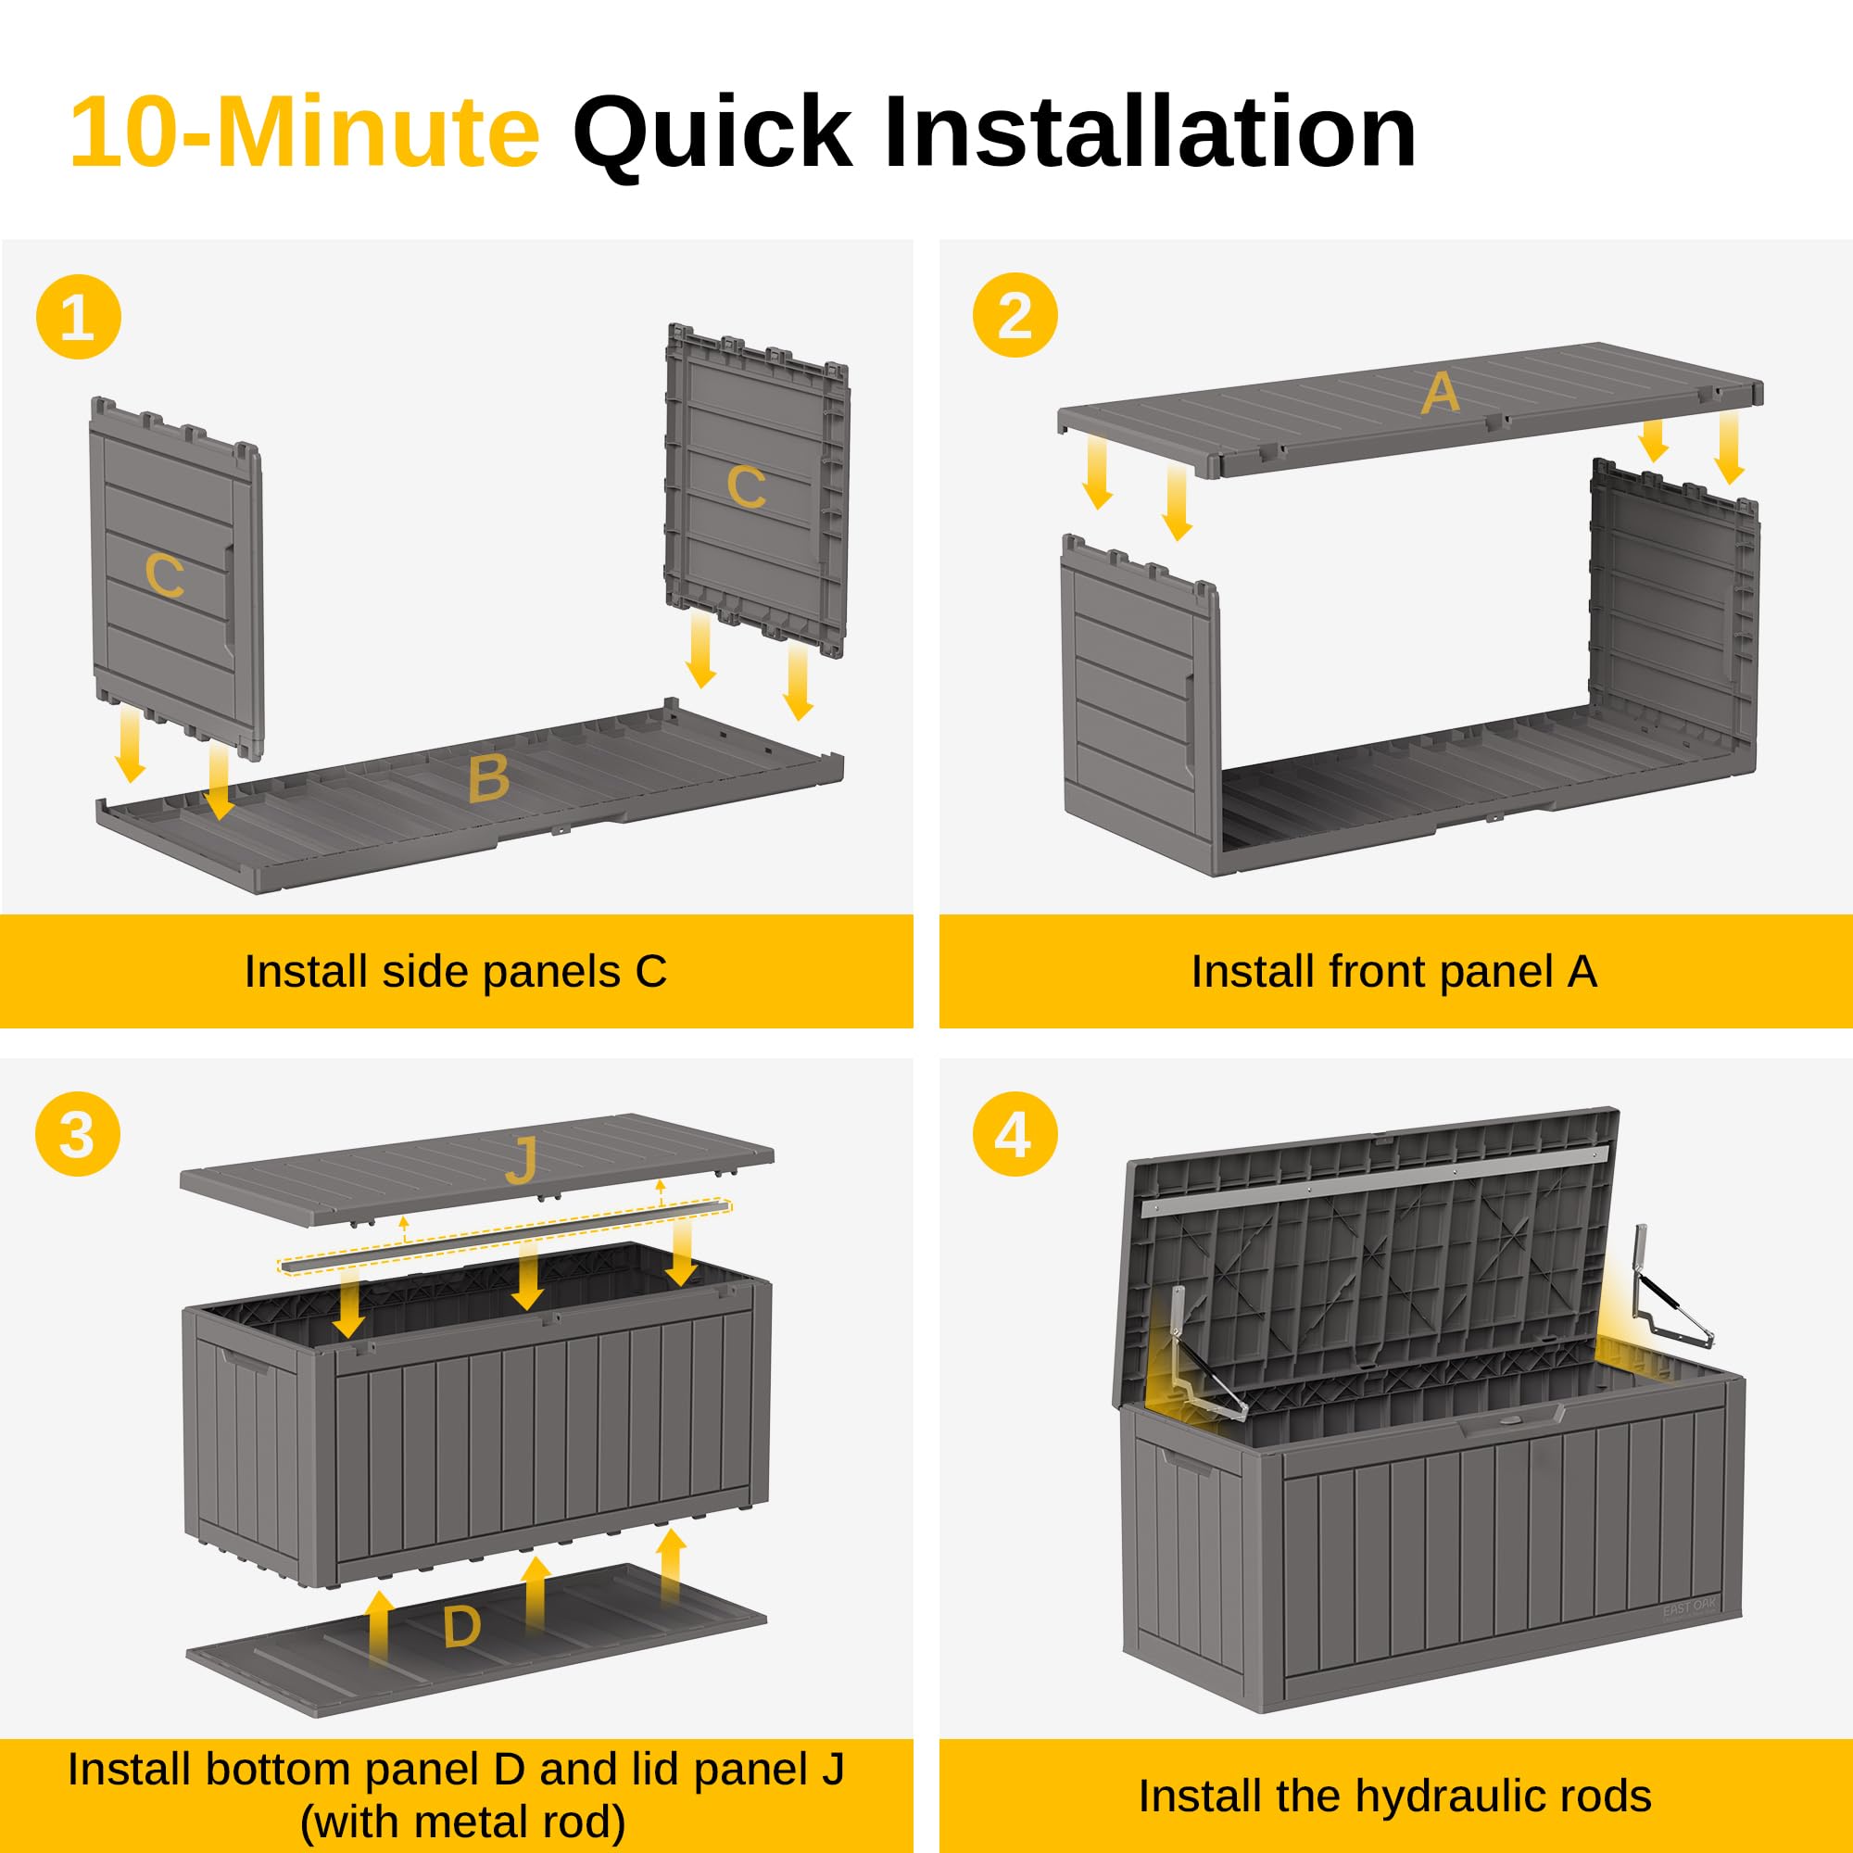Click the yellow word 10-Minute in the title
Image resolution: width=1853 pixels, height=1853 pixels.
[305, 132]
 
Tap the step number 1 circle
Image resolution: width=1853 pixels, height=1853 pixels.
[79, 317]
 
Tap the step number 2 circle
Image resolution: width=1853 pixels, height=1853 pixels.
[1015, 315]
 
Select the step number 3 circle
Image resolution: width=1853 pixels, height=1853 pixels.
[78, 1135]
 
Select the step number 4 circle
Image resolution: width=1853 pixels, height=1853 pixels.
[1015, 1135]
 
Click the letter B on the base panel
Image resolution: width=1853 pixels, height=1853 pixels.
[488, 779]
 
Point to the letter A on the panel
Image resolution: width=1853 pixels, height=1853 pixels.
[1440, 393]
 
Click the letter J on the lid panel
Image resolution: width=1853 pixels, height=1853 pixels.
[521, 1162]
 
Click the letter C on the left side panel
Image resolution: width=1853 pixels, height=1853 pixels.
[164, 575]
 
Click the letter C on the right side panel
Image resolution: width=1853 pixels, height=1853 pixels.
[745, 486]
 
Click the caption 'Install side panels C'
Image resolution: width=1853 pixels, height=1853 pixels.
[456, 972]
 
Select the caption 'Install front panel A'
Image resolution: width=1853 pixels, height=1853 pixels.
[1393, 972]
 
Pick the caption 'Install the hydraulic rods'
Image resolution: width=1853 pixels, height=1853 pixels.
[1393, 1796]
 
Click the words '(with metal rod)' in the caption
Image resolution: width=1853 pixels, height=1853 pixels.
[462, 1821]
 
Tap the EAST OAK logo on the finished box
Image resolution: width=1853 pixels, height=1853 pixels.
[1690, 1607]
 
